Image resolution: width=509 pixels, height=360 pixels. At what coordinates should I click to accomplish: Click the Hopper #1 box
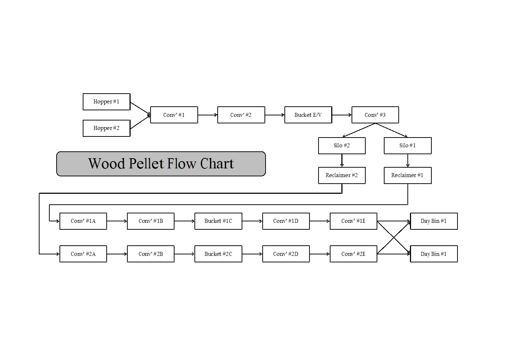coord(106,102)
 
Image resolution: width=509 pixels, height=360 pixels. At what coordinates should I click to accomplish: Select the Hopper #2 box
coord(106,128)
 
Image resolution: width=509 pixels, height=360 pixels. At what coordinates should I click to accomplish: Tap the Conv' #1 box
coord(174,115)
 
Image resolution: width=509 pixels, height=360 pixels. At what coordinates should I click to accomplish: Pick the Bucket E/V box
coord(308,115)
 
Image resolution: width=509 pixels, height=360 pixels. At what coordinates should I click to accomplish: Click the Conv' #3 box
coord(375,115)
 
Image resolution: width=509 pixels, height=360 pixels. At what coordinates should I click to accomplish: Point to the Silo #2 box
coord(342,146)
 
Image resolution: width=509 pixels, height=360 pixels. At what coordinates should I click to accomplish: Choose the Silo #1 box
coord(407,146)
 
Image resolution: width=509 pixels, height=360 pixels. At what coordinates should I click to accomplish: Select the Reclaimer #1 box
coord(407,175)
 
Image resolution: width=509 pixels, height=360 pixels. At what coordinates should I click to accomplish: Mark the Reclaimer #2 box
coord(342,175)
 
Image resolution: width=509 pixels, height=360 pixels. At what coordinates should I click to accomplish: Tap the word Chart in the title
coord(217,164)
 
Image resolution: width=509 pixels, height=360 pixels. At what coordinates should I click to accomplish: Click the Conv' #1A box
coord(83,221)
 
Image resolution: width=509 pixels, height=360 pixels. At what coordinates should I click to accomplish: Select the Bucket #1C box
coord(218,221)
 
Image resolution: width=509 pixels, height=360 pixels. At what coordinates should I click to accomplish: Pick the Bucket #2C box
coord(218,254)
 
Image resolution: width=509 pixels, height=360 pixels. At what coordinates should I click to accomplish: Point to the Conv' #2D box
coord(286,254)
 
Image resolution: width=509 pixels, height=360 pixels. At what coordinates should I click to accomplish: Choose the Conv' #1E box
coord(353,221)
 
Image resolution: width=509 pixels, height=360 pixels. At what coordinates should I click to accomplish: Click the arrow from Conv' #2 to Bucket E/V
coord(275,115)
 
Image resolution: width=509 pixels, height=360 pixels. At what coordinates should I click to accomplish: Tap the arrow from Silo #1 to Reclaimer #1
coord(408,160)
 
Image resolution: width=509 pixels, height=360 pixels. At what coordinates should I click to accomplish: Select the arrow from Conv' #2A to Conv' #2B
coord(117,254)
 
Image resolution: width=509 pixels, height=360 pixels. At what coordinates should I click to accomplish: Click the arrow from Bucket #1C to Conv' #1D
coord(252,221)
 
